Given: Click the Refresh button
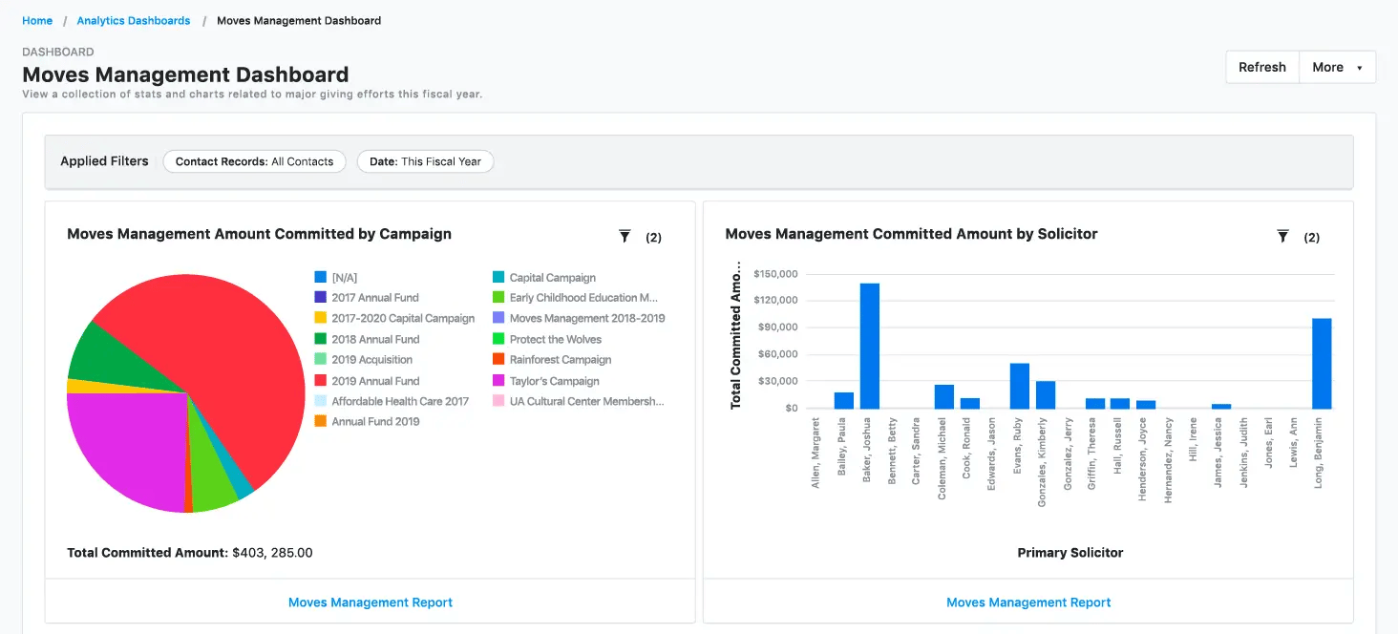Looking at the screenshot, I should (1261, 67).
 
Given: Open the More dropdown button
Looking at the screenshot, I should (1337, 67).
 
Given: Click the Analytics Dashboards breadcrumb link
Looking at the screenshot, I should (134, 20).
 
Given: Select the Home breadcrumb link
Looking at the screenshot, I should (37, 20).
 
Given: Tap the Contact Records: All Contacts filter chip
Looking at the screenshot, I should (254, 161).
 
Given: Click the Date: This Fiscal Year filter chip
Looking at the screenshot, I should (425, 161).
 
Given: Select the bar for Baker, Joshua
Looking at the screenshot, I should (869, 346).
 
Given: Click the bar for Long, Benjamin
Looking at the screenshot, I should (1322, 364).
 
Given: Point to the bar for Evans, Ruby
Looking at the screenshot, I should (1019, 386).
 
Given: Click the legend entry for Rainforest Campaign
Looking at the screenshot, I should (560, 360).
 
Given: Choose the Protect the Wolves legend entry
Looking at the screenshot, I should (555, 339).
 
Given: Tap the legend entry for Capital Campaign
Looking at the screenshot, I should (552, 278).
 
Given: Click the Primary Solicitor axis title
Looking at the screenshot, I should (1070, 553).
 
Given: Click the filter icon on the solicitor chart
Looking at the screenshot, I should (1282, 236).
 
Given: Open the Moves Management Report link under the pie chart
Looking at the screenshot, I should (371, 602).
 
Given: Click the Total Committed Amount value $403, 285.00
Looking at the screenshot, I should (272, 553).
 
